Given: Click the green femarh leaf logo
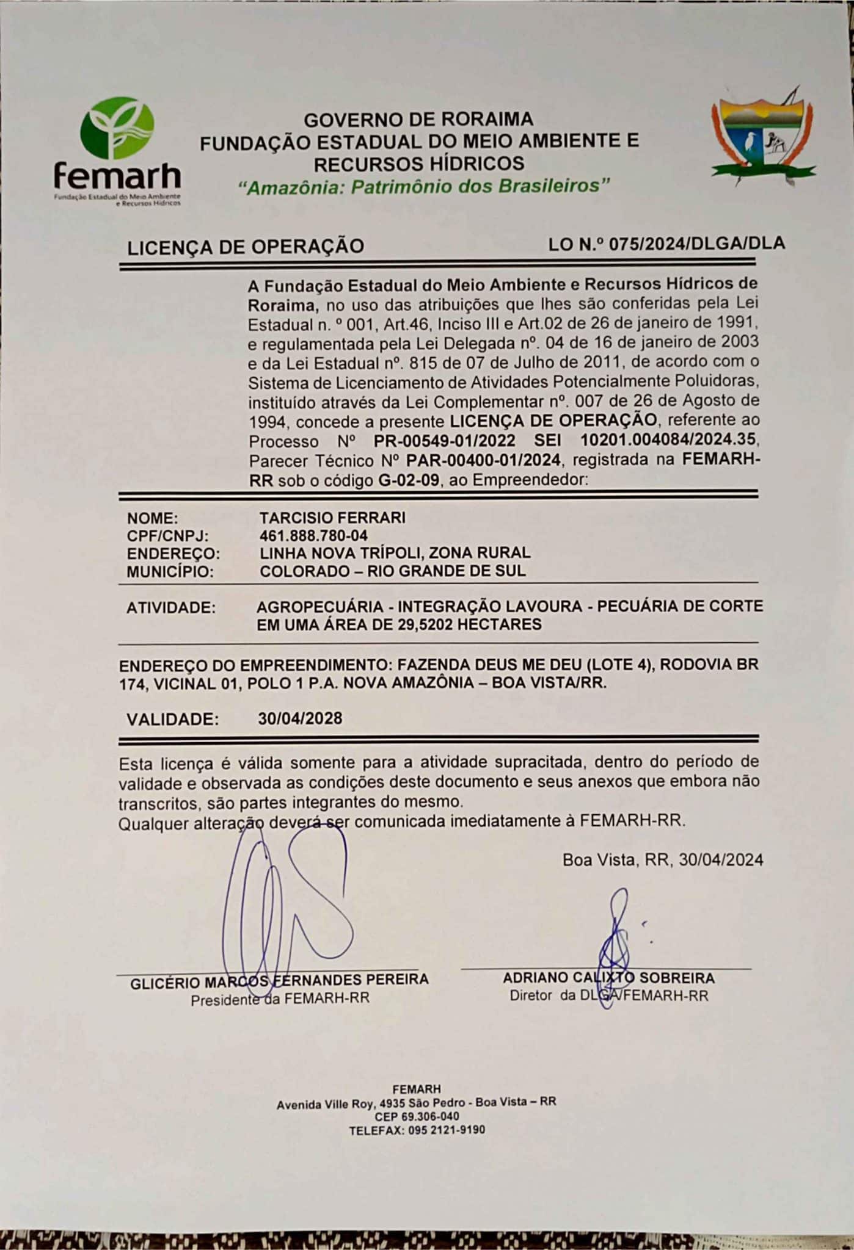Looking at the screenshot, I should click(117, 129).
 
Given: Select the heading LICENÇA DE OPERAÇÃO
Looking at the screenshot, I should click(245, 247).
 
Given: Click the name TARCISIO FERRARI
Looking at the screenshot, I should click(332, 518).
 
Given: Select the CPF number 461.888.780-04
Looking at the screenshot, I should click(313, 536).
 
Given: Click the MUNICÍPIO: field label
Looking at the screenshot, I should click(170, 572).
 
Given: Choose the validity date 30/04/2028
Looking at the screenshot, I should click(300, 718).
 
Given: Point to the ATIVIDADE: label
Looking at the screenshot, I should click(171, 608).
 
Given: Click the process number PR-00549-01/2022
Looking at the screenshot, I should click(444, 441).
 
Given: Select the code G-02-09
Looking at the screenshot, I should click(409, 480).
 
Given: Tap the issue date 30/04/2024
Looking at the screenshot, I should click(721, 860).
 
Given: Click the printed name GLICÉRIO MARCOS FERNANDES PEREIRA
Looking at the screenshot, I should click(279, 980).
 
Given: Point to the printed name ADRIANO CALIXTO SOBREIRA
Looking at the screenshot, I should click(608, 978).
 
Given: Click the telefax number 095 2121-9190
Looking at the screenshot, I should click(442, 1130).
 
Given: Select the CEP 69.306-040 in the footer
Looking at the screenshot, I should click(417, 1117).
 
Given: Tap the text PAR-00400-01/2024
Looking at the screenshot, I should click(483, 460).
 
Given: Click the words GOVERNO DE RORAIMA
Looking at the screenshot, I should click(418, 119).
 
